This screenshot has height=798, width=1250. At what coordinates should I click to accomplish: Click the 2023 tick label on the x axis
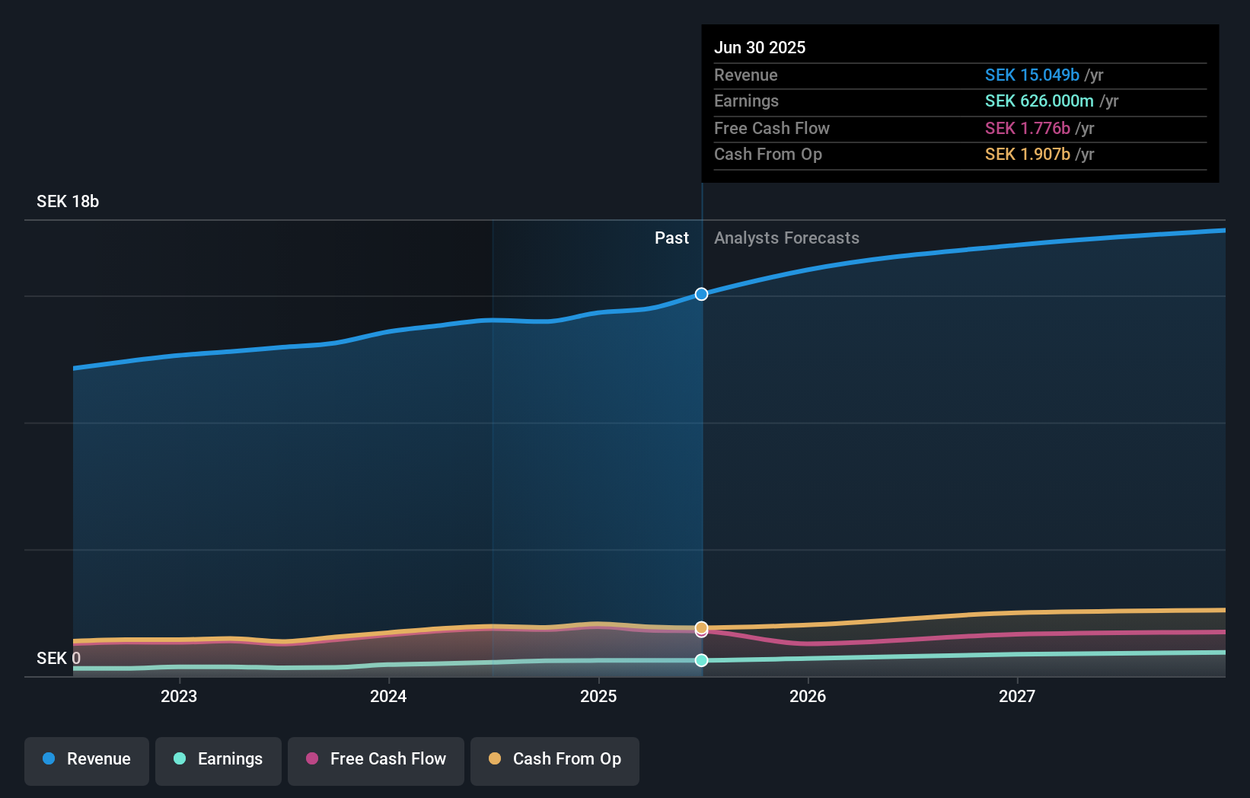[179, 697]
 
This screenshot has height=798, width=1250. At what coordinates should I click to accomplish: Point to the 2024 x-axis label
[388, 697]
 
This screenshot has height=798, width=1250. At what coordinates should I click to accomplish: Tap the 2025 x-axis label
[598, 697]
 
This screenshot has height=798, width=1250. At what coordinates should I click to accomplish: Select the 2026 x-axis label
[808, 697]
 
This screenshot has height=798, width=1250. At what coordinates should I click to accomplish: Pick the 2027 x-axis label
[1017, 697]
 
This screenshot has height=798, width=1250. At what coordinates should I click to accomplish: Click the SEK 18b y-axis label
[68, 202]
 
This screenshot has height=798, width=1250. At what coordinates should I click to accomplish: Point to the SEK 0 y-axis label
[59, 659]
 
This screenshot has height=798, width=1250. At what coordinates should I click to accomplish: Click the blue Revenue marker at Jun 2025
[701, 294]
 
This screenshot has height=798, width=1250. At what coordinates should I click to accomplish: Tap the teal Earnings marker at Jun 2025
[701, 660]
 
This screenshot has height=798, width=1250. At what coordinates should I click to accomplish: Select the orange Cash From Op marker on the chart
[701, 627]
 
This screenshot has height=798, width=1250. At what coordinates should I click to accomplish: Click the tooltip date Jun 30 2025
[760, 48]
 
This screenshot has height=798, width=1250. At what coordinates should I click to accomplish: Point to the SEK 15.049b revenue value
[1032, 75]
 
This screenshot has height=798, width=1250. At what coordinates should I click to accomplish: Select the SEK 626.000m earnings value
[1039, 101]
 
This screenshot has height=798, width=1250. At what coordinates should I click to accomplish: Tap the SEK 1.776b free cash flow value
[1027, 129]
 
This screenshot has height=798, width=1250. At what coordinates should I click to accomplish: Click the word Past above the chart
[671, 238]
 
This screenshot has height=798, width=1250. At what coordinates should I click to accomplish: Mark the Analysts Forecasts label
[786, 238]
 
